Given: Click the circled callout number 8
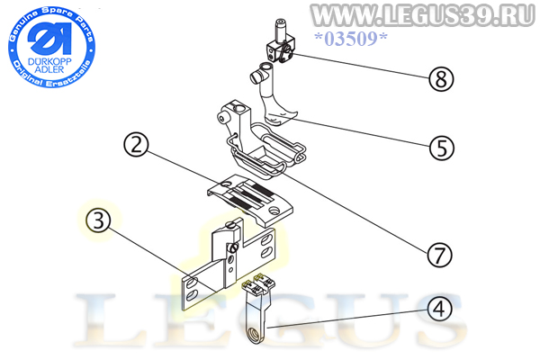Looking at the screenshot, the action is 441,78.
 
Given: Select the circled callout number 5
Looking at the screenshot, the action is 442,148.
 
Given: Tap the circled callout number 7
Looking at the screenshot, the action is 439,256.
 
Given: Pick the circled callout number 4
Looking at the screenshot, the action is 439,309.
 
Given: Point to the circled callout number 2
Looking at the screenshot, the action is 137,145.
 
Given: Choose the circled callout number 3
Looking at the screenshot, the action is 99,220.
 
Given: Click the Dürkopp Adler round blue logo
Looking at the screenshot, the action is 51,47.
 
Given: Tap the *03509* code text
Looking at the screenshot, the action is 351,39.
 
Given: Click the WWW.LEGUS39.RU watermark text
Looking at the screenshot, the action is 423,15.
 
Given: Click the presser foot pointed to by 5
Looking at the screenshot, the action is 273,94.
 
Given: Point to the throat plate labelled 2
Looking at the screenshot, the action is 250,200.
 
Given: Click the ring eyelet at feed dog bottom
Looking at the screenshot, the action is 254,334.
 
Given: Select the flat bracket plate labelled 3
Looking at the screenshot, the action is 229,265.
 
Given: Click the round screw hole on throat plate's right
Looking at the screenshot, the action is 274,209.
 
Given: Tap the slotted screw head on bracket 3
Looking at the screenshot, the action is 233,247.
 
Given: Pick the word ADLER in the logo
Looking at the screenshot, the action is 49,69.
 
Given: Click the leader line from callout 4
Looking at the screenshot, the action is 346,319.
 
